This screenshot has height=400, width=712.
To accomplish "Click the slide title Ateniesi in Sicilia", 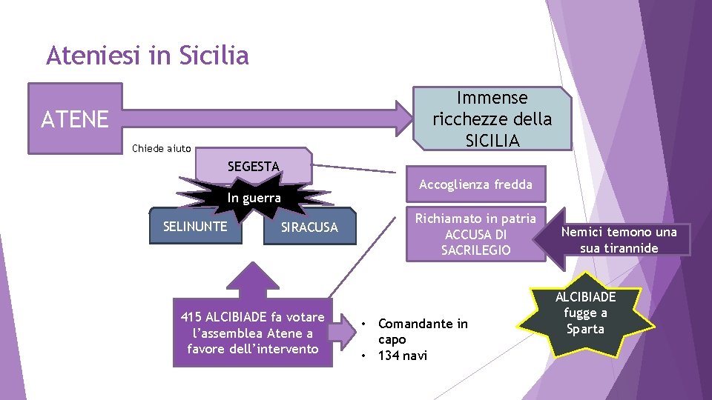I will click(x=147, y=56).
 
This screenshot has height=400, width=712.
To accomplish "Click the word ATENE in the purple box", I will click(x=75, y=119).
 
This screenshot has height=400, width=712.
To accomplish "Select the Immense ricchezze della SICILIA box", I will click(x=492, y=119).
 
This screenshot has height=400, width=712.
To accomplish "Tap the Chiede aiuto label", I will click(x=161, y=148).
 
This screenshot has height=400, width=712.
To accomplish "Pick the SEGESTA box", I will click(x=253, y=167).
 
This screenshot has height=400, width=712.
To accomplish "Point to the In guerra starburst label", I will click(x=254, y=198).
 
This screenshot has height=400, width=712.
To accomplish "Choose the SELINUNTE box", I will click(x=195, y=226).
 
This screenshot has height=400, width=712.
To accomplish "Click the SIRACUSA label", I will click(x=309, y=227).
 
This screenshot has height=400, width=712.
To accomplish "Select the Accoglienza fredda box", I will click(x=475, y=184).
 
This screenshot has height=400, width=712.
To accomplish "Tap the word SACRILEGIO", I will click(x=475, y=250).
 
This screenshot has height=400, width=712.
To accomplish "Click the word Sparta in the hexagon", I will click(x=585, y=329).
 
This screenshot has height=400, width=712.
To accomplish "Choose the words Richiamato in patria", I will click(x=475, y=219).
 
